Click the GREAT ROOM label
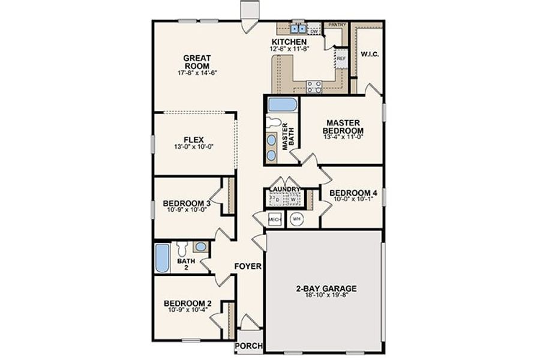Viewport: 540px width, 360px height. point(197,62)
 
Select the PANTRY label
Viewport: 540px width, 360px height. point(338,25)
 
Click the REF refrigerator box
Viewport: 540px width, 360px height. point(341,59)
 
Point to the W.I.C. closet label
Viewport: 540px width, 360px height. point(371,54)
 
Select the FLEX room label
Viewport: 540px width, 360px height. point(194,140)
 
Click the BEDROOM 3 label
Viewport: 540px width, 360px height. point(186,203)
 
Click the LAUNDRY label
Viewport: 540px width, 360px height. point(284,190)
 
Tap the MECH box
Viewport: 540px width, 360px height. point(275,220)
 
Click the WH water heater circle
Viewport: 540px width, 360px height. point(296,220)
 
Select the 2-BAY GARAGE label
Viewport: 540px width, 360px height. point(326,288)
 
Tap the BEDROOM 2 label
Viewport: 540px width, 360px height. point(187,304)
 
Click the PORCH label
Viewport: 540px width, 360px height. point(248,346)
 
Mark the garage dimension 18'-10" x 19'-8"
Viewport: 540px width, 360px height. point(326,296)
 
